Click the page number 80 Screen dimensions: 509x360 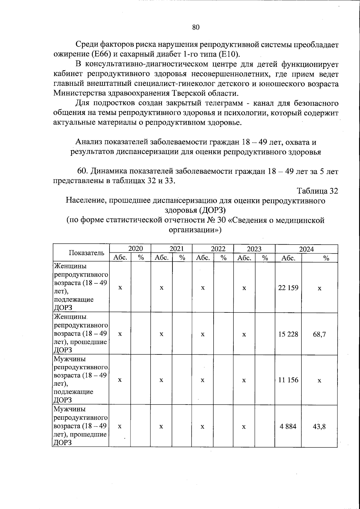pyautogui.click(x=196, y=27)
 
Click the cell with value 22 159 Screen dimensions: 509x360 pyautogui.click(x=288, y=288)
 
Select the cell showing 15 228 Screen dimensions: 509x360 pyautogui.click(x=288, y=334)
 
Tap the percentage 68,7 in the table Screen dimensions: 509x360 pyautogui.click(x=319, y=334)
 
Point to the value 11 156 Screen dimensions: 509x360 pyautogui.click(x=288, y=380)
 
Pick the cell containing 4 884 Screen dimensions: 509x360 pyautogui.click(x=288, y=426)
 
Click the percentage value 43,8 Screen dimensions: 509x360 pyautogui.click(x=319, y=426)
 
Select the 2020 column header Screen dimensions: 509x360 pyautogui.click(x=135, y=248)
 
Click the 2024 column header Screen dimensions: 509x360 pyautogui.click(x=306, y=249)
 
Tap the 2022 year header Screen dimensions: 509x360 pyautogui.click(x=218, y=248)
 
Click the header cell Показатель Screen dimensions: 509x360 pyautogui.click(x=87, y=253)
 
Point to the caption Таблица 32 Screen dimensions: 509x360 pyautogui.click(x=317, y=191)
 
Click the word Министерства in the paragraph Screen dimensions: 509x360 pyautogui.click(x=80, y=93)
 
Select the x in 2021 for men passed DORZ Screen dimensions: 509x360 pyautogui.click(x=161, y=426)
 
